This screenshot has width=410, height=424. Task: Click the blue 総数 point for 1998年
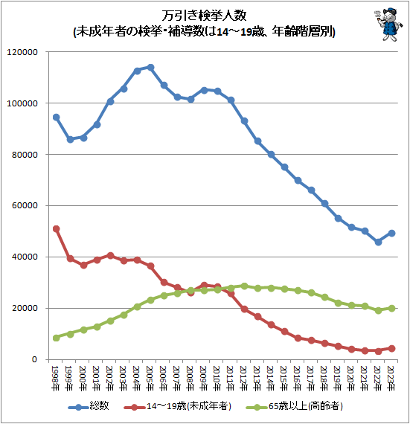point(56,117)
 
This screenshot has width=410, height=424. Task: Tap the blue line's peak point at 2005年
point(150,67)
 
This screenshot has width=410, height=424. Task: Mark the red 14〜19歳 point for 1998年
point(56,228)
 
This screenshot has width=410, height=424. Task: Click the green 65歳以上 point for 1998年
point(56,338)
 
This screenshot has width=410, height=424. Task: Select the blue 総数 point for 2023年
point(391,233)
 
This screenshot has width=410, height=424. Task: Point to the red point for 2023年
point(391,348)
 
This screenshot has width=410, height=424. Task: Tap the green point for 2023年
point(391,308)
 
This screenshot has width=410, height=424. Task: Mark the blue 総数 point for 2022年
point(378,242)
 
